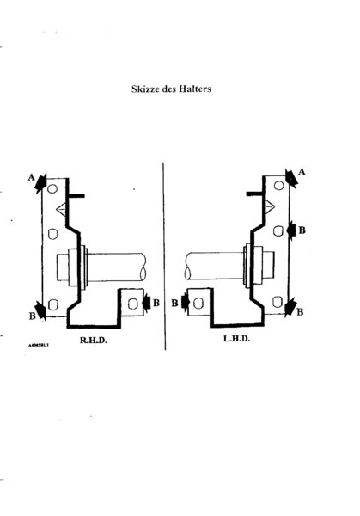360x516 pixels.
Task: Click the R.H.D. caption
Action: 93,340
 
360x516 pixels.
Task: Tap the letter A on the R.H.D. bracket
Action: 32,177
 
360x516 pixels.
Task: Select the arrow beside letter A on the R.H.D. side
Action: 40,185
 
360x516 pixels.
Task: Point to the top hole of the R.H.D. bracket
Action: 52,188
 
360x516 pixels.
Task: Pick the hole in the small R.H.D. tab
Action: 131,302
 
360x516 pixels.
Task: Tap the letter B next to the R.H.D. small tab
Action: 156,302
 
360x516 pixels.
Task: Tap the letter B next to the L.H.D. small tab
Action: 174,303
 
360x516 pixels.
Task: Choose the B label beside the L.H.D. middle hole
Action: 302,230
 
